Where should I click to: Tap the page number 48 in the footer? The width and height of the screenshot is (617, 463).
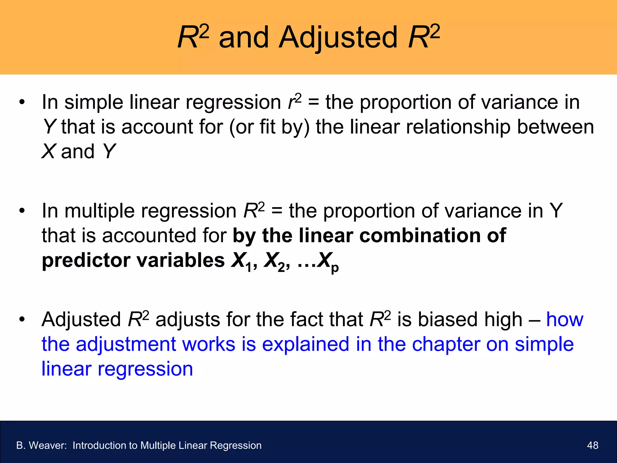(593, 445)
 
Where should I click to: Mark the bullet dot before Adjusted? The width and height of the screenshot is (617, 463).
(22, 320)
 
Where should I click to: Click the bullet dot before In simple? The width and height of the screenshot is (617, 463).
(22, 102)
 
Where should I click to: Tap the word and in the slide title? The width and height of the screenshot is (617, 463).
(243, 38)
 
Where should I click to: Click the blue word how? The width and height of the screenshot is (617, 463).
(565, 320)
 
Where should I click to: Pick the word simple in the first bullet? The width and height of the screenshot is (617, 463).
(94, 102)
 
